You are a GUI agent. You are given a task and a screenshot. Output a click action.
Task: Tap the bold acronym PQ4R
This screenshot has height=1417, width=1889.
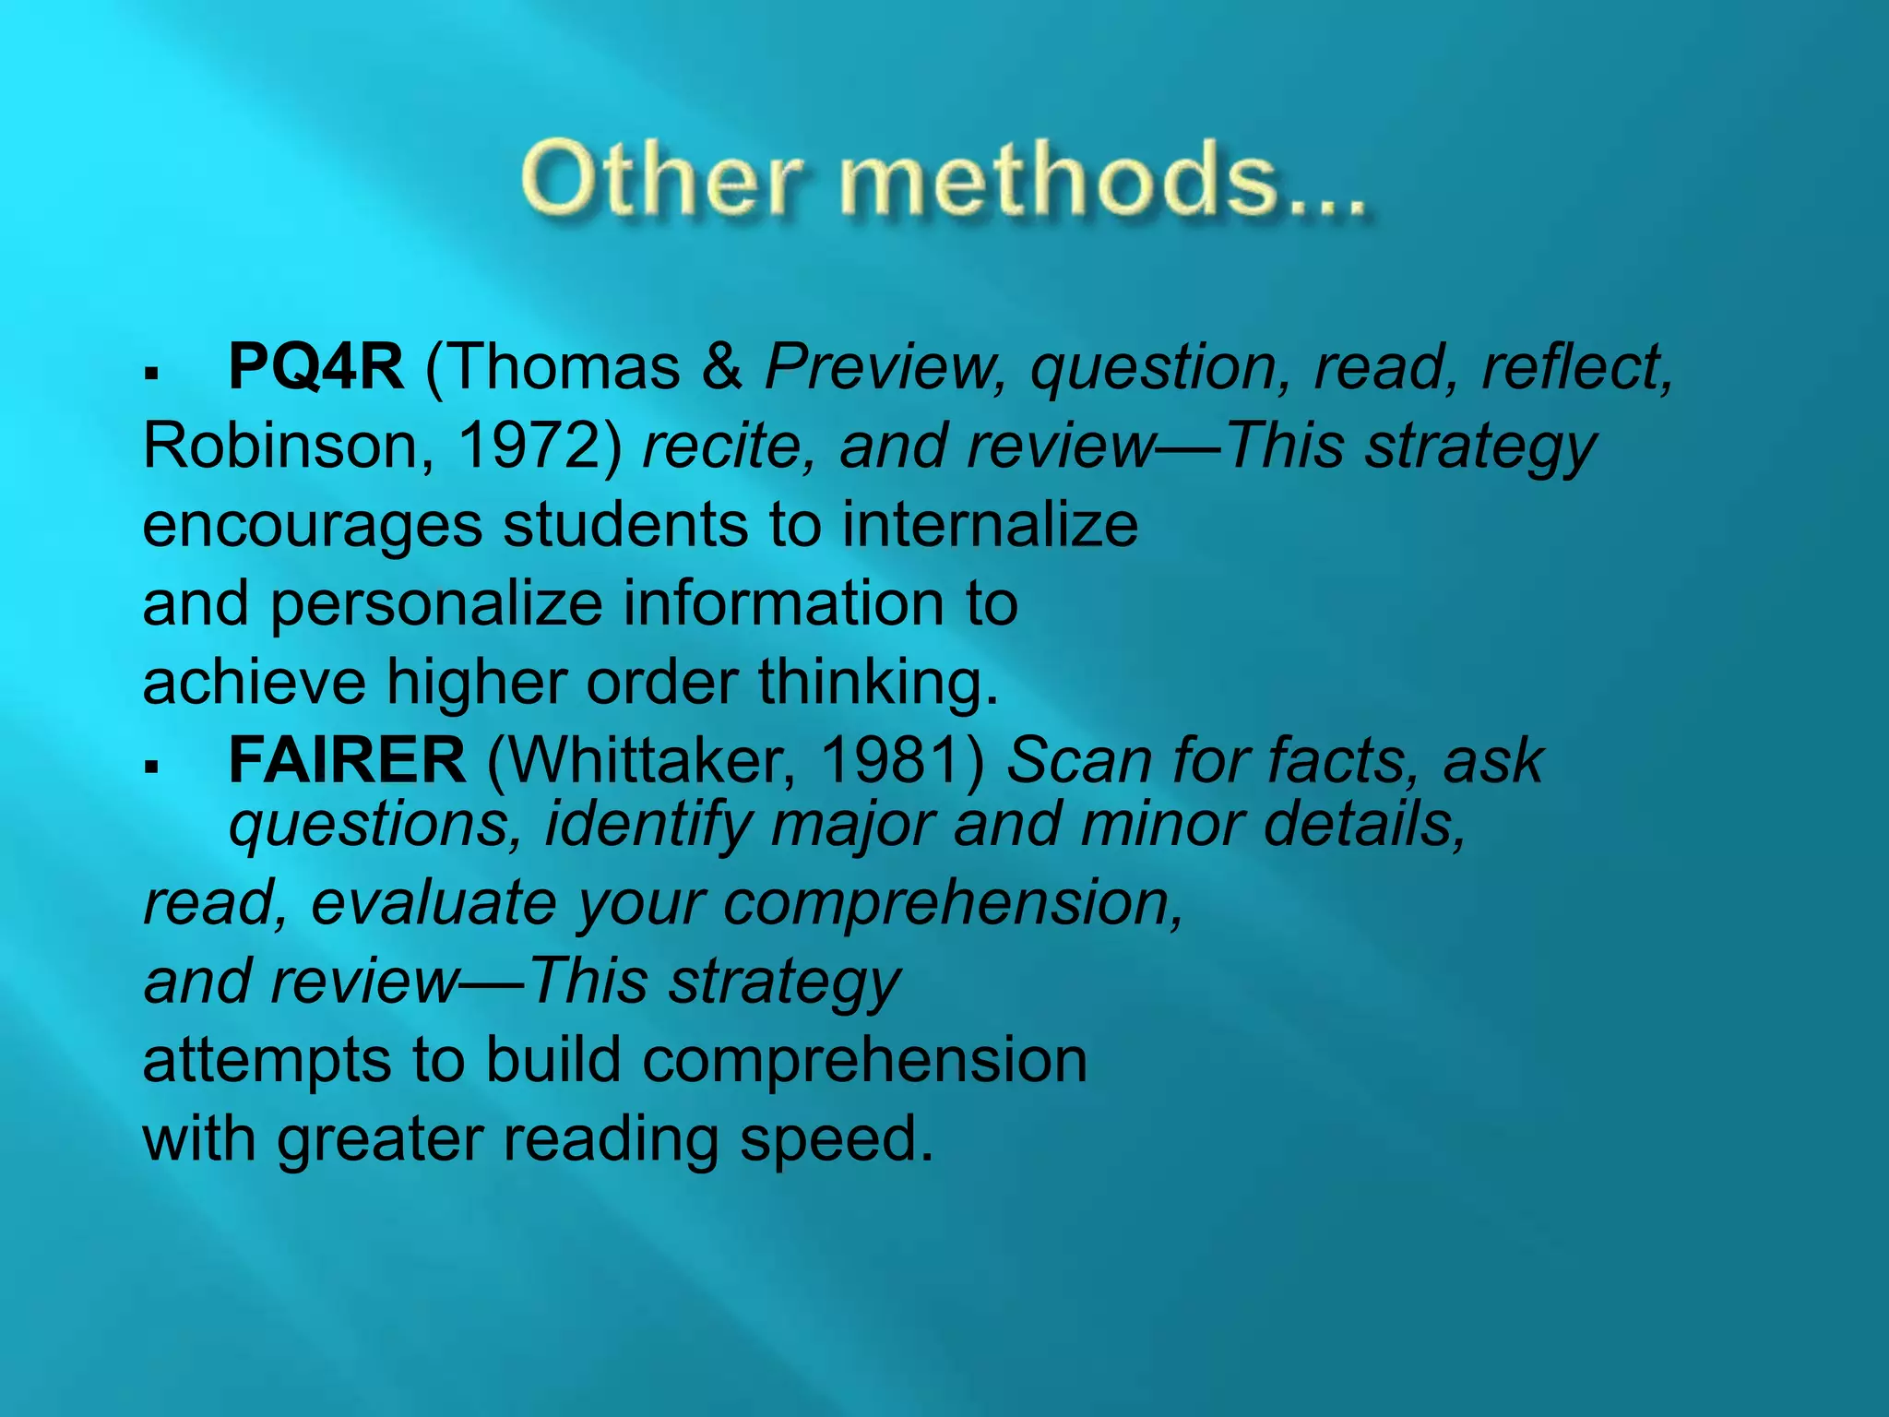coord(315,367)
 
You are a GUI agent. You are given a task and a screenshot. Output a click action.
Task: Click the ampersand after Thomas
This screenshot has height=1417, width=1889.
coord(721,367)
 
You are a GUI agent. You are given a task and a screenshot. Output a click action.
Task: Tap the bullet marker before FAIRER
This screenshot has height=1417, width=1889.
coord(152,766)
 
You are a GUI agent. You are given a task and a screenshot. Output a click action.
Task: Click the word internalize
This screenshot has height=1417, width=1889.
coord(990,524)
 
